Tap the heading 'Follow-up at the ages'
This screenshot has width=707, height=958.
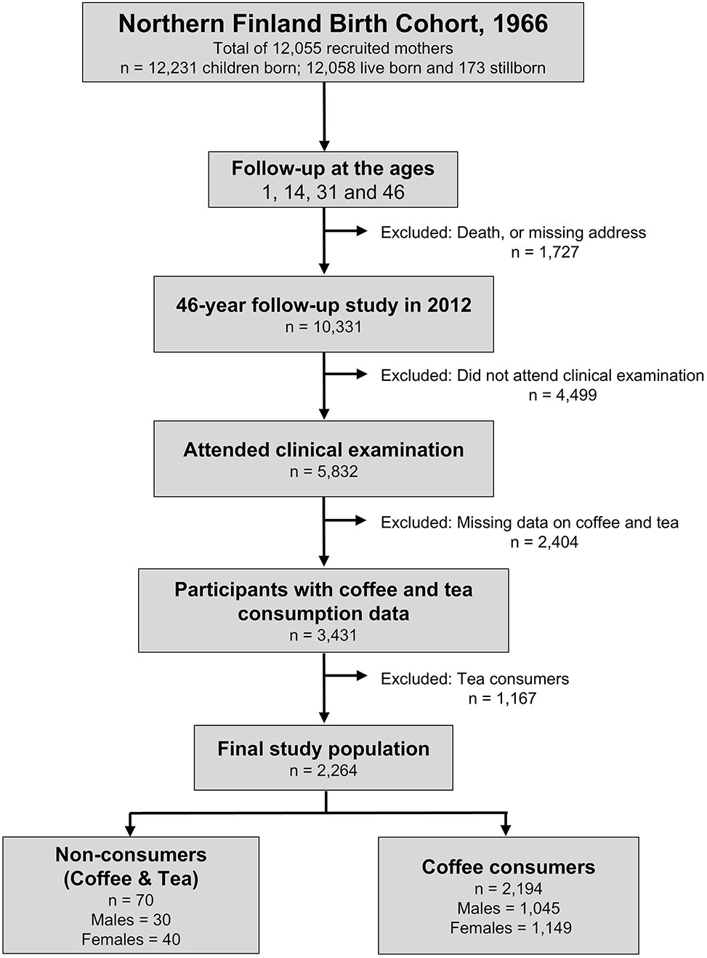pos(333,169)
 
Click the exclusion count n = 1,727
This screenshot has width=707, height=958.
pos(545,251)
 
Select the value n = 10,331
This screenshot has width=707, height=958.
pos(323,327)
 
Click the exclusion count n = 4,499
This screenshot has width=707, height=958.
pos(562,395)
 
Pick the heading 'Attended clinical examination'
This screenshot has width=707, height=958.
pos(323,450)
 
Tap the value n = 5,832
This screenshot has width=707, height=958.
pos(323,472)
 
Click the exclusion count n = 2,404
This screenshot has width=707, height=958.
pos(544,542)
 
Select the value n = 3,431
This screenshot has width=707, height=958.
pos(323,635)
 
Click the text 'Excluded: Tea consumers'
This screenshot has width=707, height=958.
pos(474,679)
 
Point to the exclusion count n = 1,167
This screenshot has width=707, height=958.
pos(502,699)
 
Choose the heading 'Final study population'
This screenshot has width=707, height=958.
pos(323,749)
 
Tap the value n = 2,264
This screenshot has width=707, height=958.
pos(323,771)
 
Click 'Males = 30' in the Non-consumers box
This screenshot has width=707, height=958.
pos(131,920)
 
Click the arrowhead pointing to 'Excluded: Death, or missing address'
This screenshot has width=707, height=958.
pos(361,231)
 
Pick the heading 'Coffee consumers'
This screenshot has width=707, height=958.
pos(509,867)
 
